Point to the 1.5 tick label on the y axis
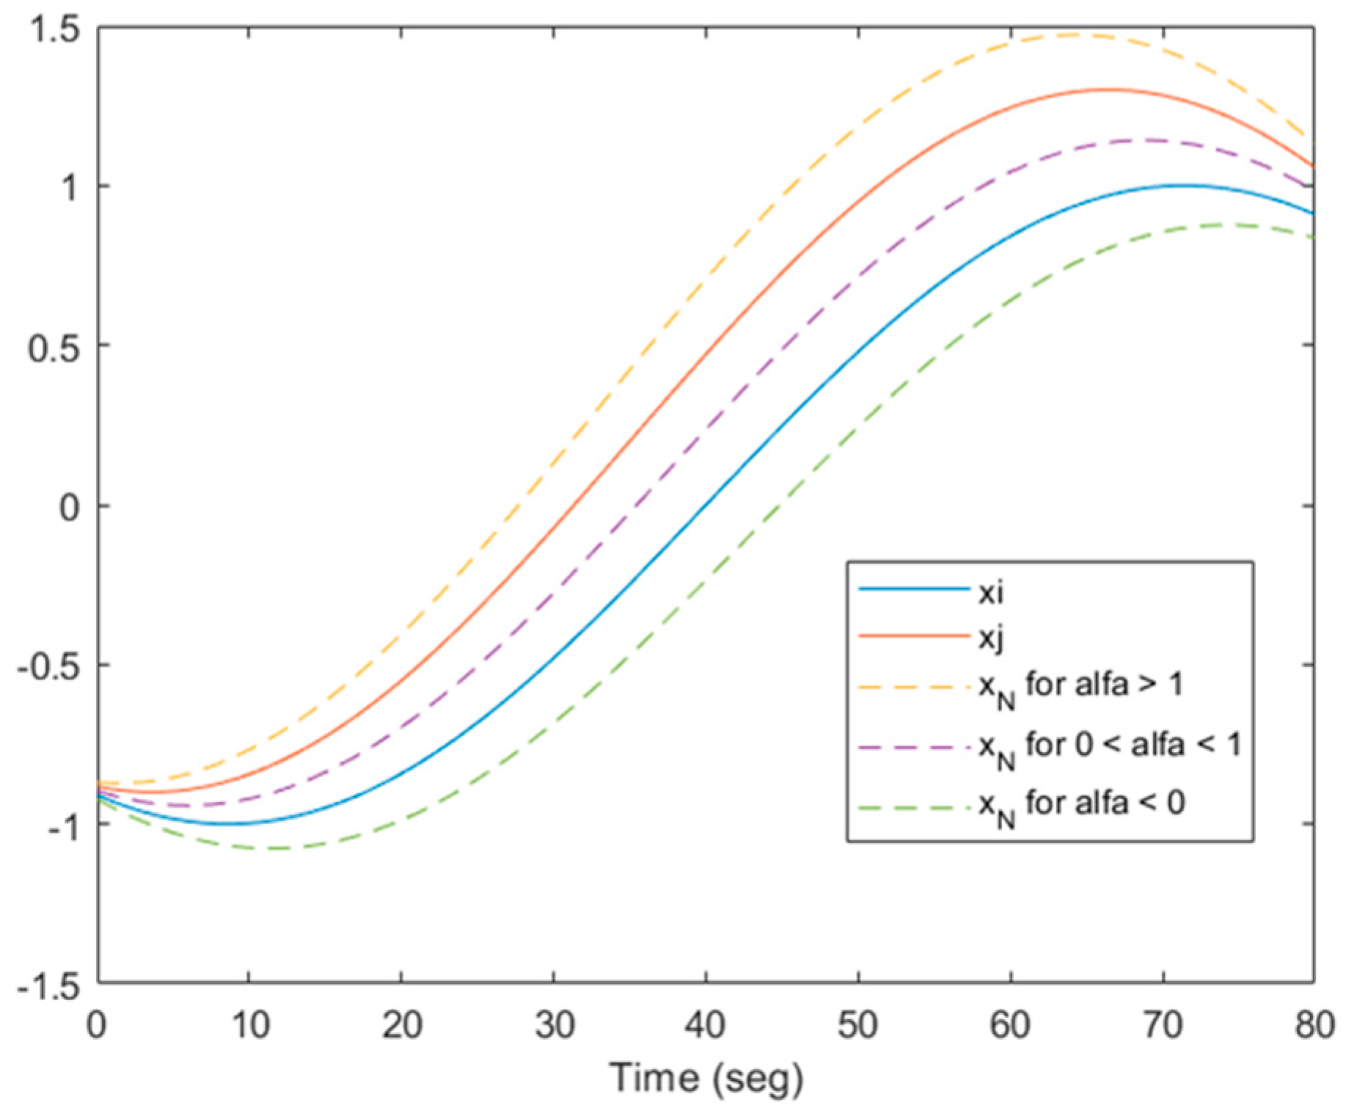56,30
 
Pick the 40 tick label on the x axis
705,1024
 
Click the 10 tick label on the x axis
250,1024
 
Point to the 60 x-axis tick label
1010,1024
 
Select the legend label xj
990,638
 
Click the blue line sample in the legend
913,589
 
